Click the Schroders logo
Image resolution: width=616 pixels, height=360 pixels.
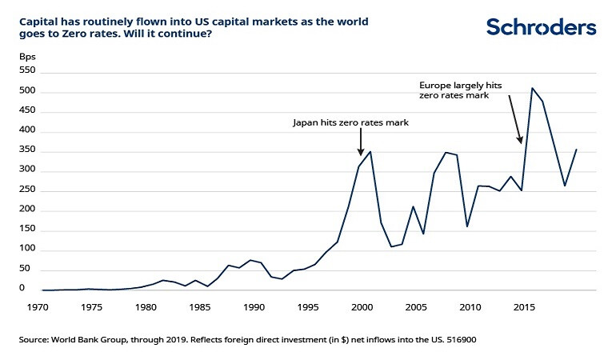coord(541,27)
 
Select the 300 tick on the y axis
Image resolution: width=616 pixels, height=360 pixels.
coord(28,171)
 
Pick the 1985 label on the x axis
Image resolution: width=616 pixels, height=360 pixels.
coord(200,306)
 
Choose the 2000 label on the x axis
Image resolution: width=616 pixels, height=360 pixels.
coord(362,306)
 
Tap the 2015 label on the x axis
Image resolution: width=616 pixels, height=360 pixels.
coord(525,306)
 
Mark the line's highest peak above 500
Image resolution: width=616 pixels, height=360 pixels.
coord(533,88)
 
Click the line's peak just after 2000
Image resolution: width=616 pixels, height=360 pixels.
coord(370,151)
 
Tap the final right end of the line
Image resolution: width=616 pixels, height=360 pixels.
coord(576,150)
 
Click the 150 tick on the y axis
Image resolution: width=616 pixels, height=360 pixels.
coord(28,230)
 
